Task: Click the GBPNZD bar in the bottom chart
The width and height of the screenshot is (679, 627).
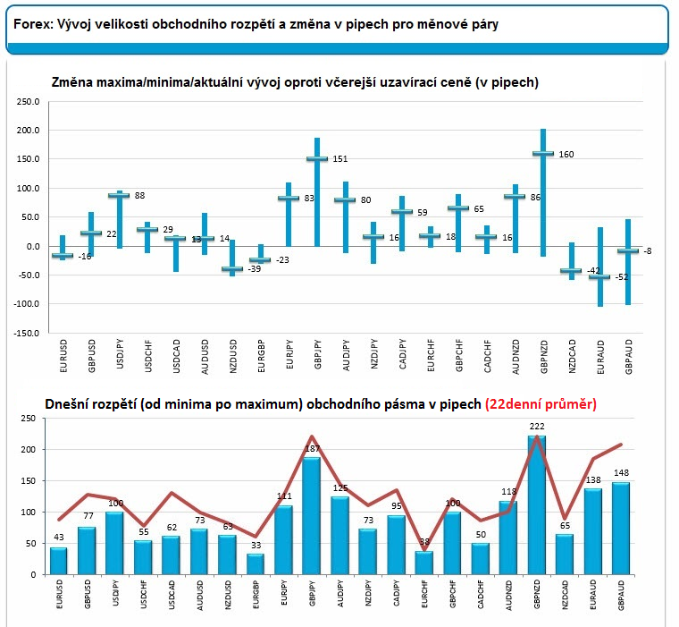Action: pos(536,505)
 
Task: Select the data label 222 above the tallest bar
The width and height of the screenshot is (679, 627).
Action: pos(536,428)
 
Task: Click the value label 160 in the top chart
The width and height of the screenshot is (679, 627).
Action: pos(566,155)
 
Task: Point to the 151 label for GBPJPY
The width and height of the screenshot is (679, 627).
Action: pos(339,159)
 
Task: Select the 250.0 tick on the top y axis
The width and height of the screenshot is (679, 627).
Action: pos(29,102)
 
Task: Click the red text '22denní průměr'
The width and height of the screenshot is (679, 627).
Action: pos(541,404)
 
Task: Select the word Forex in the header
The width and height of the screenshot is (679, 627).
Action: pos(31,24)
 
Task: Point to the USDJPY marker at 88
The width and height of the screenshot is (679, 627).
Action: pos(119,195)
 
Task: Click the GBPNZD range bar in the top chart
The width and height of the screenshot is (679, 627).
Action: pos(543,192)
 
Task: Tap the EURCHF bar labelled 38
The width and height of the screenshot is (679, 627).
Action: pos(423,563)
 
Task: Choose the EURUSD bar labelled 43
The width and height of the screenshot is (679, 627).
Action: pos(59,561)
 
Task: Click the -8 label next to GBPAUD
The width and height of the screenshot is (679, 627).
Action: pos(647,251)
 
